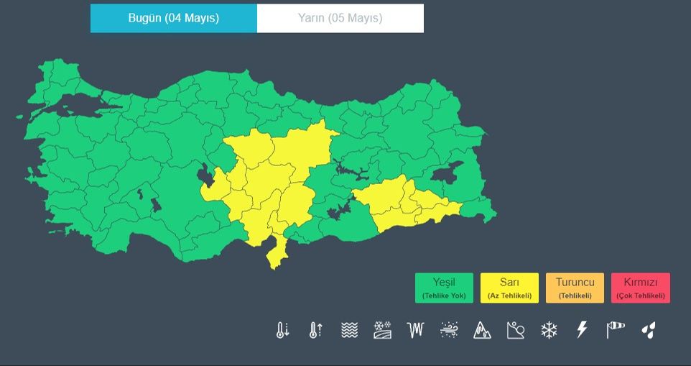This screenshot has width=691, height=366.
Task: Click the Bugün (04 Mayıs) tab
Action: (x=173, y=18)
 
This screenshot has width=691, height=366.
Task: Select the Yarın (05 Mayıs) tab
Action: (x=340, y=18)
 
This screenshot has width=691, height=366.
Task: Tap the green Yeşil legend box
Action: (x=444, y=288)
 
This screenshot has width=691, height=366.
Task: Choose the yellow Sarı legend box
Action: (x=509, y=288)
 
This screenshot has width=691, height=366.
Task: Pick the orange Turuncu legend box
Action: (x=575, y=288)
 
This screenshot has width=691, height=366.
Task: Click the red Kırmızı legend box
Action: (x=641, y=288)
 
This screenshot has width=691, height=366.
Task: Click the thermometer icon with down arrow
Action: (x=282, y=330)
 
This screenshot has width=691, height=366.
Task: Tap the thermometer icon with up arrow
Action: (x=315, y=330)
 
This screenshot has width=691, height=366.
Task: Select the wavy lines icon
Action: (x=349, y=330)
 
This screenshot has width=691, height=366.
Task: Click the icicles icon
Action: (x=416, y=330)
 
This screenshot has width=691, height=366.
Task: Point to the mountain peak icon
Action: (x=482, y=330)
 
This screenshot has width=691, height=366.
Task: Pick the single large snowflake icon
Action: (x=549, y=330)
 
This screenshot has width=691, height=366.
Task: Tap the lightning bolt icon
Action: (x=582, y=330)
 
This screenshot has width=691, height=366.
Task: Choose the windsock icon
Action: (x=616, y=330)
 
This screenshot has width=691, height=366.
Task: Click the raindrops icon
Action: (x=649, y=330)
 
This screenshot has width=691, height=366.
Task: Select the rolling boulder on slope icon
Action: (x=515, y=330)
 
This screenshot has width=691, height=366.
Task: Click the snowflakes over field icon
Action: (x=382, y=330)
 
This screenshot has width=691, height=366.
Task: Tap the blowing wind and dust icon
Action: (x=449, y=330)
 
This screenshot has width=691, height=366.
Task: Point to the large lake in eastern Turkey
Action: (x=449, y=173)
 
